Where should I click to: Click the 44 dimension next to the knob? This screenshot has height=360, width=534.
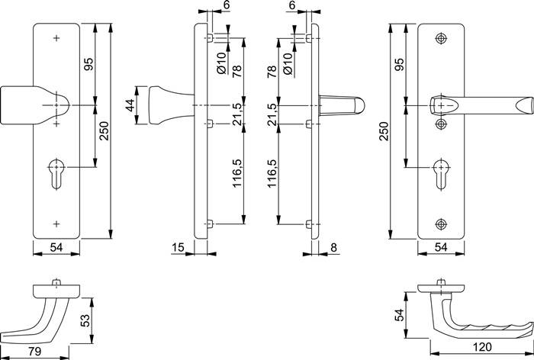point(130,104)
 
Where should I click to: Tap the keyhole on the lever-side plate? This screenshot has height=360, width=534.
point(441,169)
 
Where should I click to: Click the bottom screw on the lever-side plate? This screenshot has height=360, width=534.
point(441,223)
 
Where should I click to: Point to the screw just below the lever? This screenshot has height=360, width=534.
point(441,124)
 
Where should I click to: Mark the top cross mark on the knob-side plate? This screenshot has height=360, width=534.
point(58,37)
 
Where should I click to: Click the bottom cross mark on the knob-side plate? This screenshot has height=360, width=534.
point(58,223)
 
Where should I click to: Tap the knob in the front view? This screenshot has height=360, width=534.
point(38,104)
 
